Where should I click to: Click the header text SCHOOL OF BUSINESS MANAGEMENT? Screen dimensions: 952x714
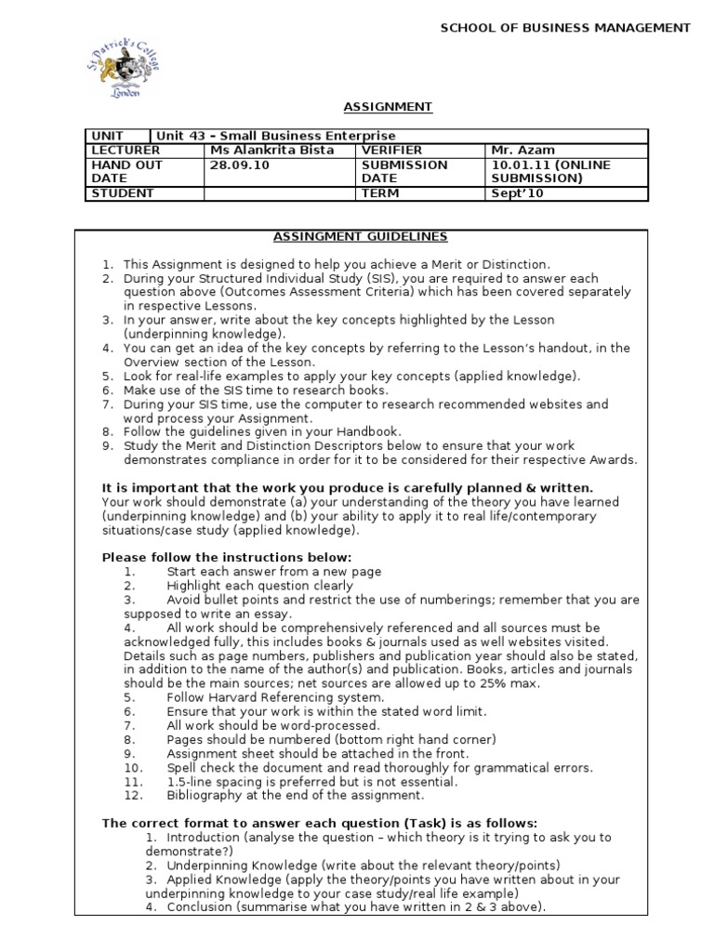[x=565, y=28]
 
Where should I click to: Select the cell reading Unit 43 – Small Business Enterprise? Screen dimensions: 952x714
[x=278, y=136]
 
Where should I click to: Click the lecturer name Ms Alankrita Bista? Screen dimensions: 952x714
[x=272, y=150]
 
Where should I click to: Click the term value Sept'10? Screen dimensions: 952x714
[x=519, y=193]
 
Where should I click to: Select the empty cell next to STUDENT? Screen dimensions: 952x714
[x=280, y=193]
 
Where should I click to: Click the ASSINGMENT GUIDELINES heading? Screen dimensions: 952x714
[x=361, y=237]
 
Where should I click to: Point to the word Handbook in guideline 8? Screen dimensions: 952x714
[x=367, y=431]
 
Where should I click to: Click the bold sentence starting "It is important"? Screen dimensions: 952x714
[x=347, y=488]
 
